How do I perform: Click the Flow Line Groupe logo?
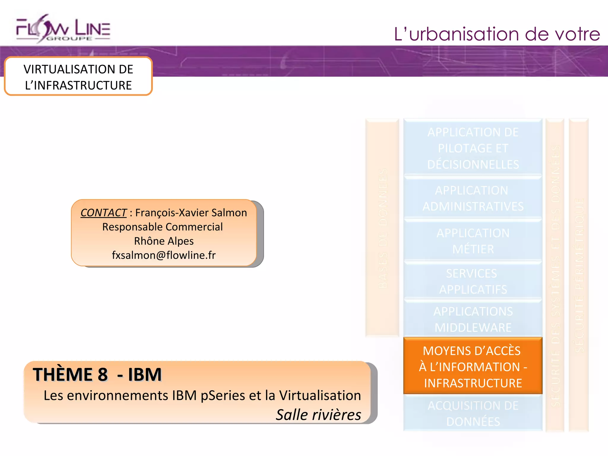(x=63, y=29)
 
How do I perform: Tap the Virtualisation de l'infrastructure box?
(x=78, y=77)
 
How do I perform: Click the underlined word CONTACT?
(x=104, y=213)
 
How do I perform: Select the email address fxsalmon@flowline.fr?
(x=164, y=255)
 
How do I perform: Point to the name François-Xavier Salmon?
(x=191, y=213)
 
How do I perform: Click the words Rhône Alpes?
(x=164, y=241)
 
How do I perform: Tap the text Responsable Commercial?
(x=162, y=227)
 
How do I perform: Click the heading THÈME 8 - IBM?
(x=97, y=374)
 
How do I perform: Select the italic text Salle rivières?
(x=318, y=415)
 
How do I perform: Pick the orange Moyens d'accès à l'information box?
(x=473, y=367)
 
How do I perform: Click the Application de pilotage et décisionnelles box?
(x=473, y=148)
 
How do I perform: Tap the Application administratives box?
(x=473, y=198)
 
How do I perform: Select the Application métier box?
(x=473, y=241)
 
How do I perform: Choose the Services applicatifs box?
(x=473, y=281)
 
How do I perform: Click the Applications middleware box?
(x=473, y=319)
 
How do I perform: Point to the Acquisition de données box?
(x=473, y=413)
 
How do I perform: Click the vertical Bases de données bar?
(x=382, y=228)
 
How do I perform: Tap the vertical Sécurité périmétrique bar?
(x=579, y=275)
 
